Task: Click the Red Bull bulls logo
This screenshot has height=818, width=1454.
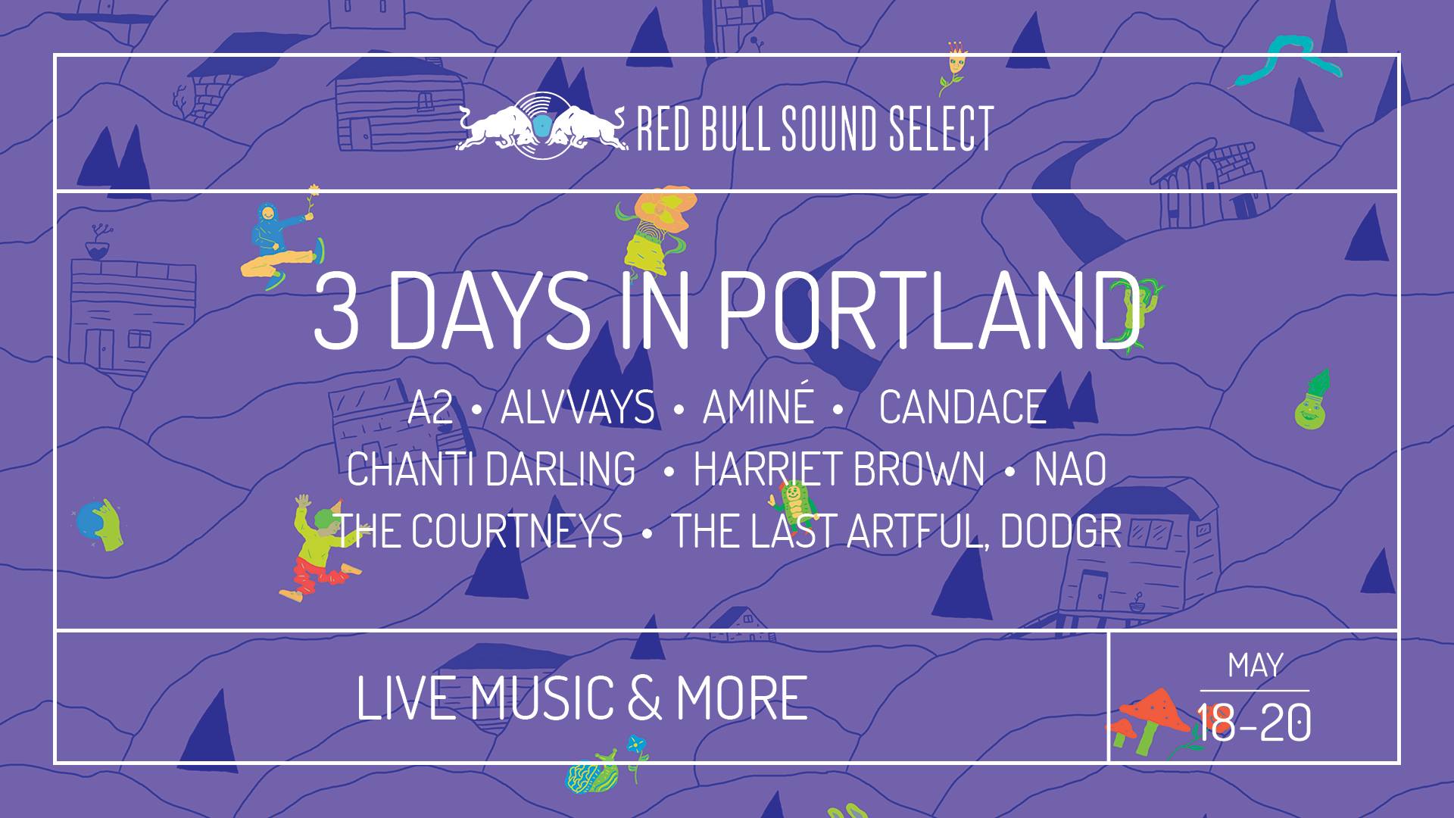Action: click(x=541, y=127)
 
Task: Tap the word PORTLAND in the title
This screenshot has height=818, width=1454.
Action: click(x=928, y=312)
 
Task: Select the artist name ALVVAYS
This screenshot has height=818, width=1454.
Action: click(x=577, y=408)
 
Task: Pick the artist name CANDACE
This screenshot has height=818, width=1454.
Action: click(x=963, y=408)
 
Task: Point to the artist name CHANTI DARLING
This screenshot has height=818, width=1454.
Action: click(x=491, y=470)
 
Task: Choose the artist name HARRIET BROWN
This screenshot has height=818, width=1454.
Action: click(x=839, y=470)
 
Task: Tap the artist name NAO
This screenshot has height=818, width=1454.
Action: click(x=1070, y=470)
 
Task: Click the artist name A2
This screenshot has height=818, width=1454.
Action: click(x=430, y=408)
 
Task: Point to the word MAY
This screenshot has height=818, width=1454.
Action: click(x=1255, y=666)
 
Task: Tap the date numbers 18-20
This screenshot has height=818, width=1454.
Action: click(x=1253, y=723)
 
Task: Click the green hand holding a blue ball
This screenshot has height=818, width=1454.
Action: click(x=100, y=523)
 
